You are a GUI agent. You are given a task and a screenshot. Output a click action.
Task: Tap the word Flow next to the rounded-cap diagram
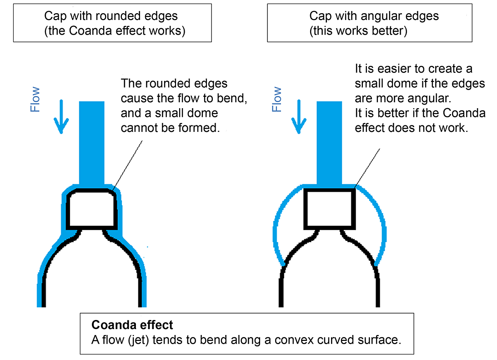[x=35, y=100]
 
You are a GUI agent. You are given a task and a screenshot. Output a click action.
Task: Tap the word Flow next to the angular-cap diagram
[x=276, y=100]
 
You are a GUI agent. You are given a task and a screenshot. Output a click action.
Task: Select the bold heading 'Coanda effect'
[x=132, y=325]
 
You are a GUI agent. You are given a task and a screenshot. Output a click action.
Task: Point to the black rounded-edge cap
[x=91, y=209]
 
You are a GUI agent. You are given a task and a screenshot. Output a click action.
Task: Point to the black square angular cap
[x=329, y=209]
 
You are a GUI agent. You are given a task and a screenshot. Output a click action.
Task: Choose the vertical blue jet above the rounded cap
[x=92, y=143]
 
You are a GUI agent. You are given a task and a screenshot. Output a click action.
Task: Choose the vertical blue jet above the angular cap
[x=329, y=143]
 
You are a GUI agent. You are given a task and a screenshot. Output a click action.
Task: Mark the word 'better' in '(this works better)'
[x=390, y=31]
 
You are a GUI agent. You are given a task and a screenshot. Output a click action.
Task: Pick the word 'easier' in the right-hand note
[x=385, y=69]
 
